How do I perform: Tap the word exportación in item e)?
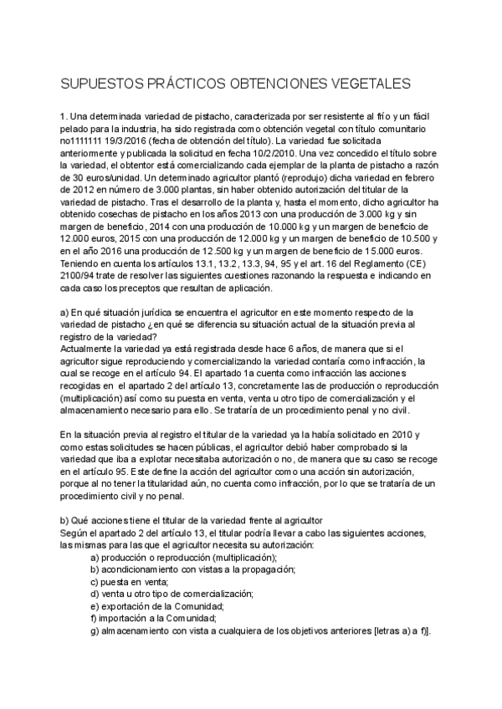[x=133, y=605]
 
